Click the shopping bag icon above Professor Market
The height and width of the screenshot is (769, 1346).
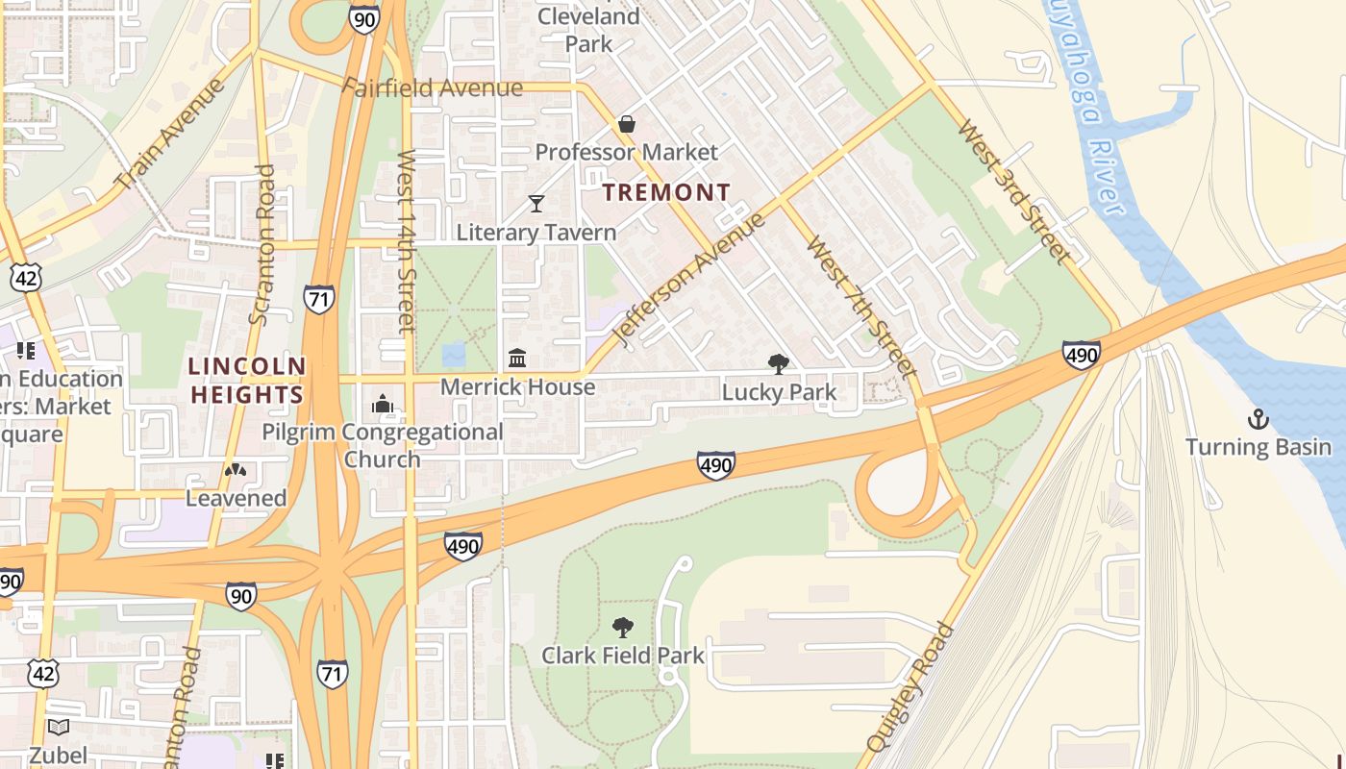[627, 124]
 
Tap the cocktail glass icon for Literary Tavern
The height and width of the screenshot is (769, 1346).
[536, 204]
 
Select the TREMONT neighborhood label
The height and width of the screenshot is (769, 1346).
[666, 192]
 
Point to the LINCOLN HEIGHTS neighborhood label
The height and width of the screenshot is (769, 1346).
[247, 381]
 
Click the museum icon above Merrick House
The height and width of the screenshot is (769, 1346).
[517, 359]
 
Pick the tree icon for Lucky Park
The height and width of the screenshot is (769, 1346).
[779, 363]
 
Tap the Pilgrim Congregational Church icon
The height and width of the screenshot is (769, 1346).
[383, 403]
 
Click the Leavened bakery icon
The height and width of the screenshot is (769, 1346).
[236, 470]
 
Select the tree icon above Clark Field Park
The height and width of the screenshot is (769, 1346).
[623, 628]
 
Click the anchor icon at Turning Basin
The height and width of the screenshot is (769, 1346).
[1258, 419]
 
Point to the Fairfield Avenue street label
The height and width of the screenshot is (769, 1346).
[433, 88]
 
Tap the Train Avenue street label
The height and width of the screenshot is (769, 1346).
[169, 134]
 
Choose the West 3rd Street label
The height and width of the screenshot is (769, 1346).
[1013, 191]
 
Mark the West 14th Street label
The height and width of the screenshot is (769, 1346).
[407, 240]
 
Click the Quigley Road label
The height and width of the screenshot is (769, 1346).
[910, 686]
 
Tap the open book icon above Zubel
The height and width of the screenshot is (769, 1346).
[59, 728]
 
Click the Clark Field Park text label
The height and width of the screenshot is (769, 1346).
[623, 656]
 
